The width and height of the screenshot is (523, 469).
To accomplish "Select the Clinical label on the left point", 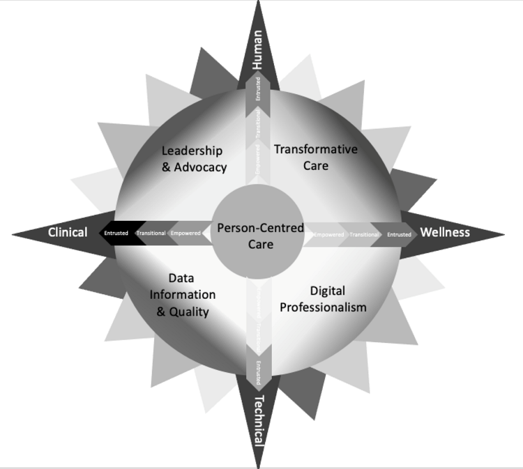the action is point(68,232).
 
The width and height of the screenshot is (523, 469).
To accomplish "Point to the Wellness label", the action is point(445,232).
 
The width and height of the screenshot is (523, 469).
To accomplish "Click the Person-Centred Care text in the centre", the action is point(260,236).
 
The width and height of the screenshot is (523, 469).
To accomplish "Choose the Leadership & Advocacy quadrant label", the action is point(194,159).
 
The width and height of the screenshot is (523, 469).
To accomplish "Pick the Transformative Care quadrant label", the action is point(316,157).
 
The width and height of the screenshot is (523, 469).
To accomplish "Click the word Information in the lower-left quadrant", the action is point(183,295).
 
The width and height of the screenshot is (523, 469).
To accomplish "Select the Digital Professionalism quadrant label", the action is point(323,299).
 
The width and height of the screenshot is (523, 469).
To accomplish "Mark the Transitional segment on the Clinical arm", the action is point(151,233).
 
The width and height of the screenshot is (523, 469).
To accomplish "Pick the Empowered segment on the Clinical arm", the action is point(186,233).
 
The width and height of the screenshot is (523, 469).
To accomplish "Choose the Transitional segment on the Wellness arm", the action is point(364,234).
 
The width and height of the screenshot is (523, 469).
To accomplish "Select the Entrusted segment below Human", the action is point(258,88).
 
